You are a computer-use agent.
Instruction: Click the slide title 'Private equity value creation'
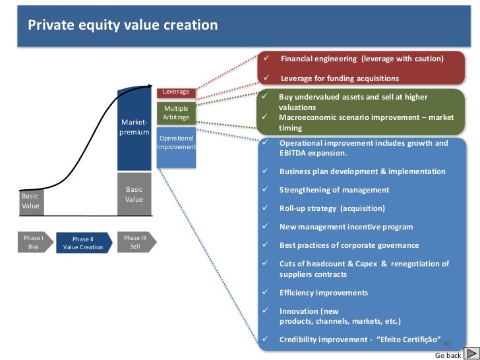(x=122, y=26)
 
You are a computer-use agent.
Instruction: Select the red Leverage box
(x=176, y=92)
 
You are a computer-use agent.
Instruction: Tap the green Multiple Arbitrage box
(x=176, y=113)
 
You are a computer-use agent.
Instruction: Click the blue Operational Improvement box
(x=176, y=143)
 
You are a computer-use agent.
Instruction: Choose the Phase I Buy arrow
(x=33, y=242)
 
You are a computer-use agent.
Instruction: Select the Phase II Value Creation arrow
(x=83, y=243)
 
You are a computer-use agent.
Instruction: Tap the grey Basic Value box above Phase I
(x=31, y=200)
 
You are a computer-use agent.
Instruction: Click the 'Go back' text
(x=448, y=355)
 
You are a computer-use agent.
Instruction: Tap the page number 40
(x=446, y=344)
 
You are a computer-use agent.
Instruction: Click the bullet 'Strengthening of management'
(x=334, y=190)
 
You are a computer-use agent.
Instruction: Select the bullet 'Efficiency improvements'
(x=323, y=293)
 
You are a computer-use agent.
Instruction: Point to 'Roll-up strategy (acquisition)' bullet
(x=332, y=208)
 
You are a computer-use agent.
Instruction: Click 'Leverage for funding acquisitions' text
(x=340, y=78)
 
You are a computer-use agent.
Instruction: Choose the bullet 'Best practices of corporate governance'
(x=349, y=245)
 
